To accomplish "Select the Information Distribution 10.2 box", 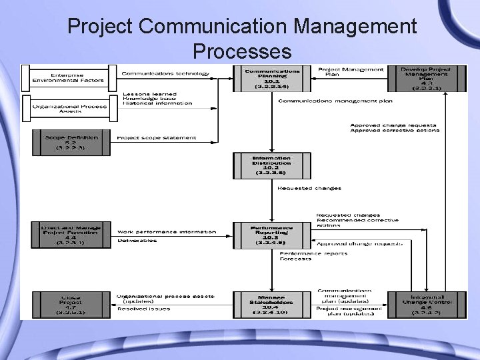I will coord(271,166).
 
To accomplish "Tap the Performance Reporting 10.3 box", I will coord(271,235).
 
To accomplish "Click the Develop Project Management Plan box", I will coord(425,78).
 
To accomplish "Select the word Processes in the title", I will coord(241,51).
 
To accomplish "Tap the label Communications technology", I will coord(165,73).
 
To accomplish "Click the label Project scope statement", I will coord(157,138).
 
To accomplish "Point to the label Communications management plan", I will coord(335,101).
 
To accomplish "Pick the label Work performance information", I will coord(167,232).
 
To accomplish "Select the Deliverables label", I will coord(137,241).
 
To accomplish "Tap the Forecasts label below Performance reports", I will coord(295,259).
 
